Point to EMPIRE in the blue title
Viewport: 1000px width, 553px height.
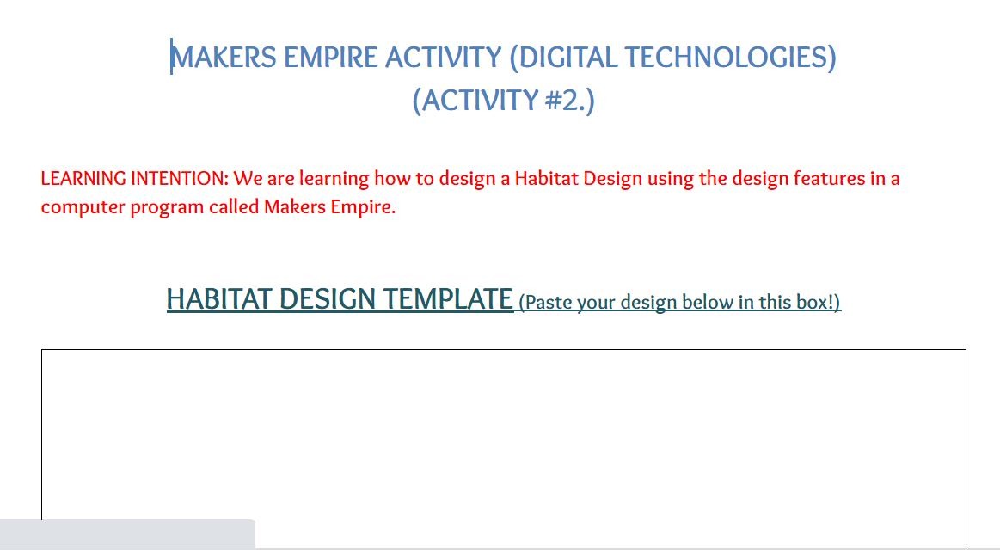pos(330,58)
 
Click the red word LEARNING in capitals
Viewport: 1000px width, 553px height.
pos(83,179)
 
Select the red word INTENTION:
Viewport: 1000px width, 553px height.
pos(179,179)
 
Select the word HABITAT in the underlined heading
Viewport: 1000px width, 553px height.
pos(219,299)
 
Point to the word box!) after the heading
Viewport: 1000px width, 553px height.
pos(818,302)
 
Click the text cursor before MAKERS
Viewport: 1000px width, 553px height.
pos(171,56)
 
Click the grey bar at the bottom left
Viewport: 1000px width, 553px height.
pos(127,534)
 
